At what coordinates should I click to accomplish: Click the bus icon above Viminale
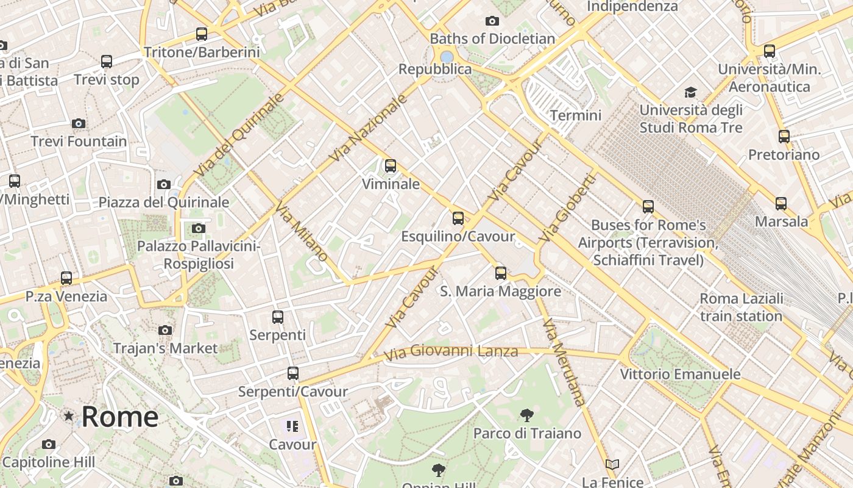click(x=390, y=165)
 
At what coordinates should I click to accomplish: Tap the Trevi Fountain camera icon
click(x=79, y=123)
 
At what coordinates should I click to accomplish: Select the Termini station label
click(x=575, y=115)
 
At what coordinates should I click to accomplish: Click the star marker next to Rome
click(x=69, y=416)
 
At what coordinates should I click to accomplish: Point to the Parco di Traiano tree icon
click(x=526, y=415)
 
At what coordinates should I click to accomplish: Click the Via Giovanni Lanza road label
click(x=451, y=351)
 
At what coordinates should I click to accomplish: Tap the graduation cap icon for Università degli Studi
click(x=690, y=92)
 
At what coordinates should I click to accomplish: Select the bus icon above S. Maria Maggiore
click(x=501, y=273)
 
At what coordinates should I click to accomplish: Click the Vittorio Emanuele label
click(x=680, y=374)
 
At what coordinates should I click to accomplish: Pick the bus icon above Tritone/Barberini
click(x=202, y=34)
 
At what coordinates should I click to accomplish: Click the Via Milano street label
click(x=302, y=231)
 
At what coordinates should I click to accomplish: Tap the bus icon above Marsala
click(x=781, y=203)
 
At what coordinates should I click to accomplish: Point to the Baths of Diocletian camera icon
click(x=492, y=21)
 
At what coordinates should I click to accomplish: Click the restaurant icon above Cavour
click(x=292, y=426)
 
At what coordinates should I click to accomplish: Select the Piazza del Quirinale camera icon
click(x=164, y=184)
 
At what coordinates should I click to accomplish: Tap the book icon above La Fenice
click(x=612, y=465)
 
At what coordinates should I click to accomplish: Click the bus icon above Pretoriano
click(x=784, y=136)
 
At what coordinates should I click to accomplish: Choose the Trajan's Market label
click(x=165, y=348)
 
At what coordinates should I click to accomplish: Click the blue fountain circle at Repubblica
click(x=447, y=57)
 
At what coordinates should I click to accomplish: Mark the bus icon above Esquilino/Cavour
click(x=458, y=218)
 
